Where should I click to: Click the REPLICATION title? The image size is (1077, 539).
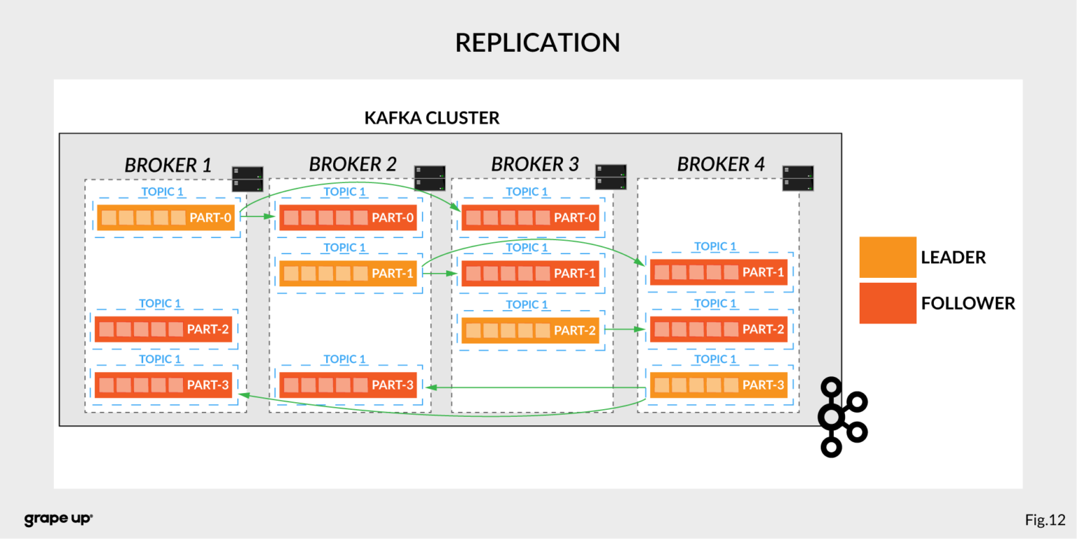click(537, 43)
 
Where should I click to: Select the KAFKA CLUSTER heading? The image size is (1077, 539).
click(432, 118)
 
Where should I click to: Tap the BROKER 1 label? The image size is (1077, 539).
click(168, 165)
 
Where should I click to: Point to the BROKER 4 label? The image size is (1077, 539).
click(720, 165)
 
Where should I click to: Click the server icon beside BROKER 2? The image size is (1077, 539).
click(429, 178)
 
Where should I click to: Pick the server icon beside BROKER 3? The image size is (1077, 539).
click(611, 177)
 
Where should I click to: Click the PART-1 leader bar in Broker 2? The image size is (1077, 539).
click(348, 274)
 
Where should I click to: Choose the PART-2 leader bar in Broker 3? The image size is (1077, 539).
click(530, 330)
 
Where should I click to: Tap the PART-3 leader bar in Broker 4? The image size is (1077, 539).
click(719, 385)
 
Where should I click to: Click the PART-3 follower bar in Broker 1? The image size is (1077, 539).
click(163, 385)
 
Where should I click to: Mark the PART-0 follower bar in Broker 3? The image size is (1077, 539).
click(530, 218)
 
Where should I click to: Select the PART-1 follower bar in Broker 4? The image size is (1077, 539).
click(719, 272)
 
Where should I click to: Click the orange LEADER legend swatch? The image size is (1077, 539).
click(888, 257)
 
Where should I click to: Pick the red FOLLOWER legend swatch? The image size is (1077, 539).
click(888, 303)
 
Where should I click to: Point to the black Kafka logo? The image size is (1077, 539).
click(842, 417)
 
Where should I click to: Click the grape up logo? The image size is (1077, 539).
click(58, 519)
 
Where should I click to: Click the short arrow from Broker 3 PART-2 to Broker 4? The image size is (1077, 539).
click(624, 328)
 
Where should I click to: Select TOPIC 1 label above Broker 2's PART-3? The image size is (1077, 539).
click(344, 359)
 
